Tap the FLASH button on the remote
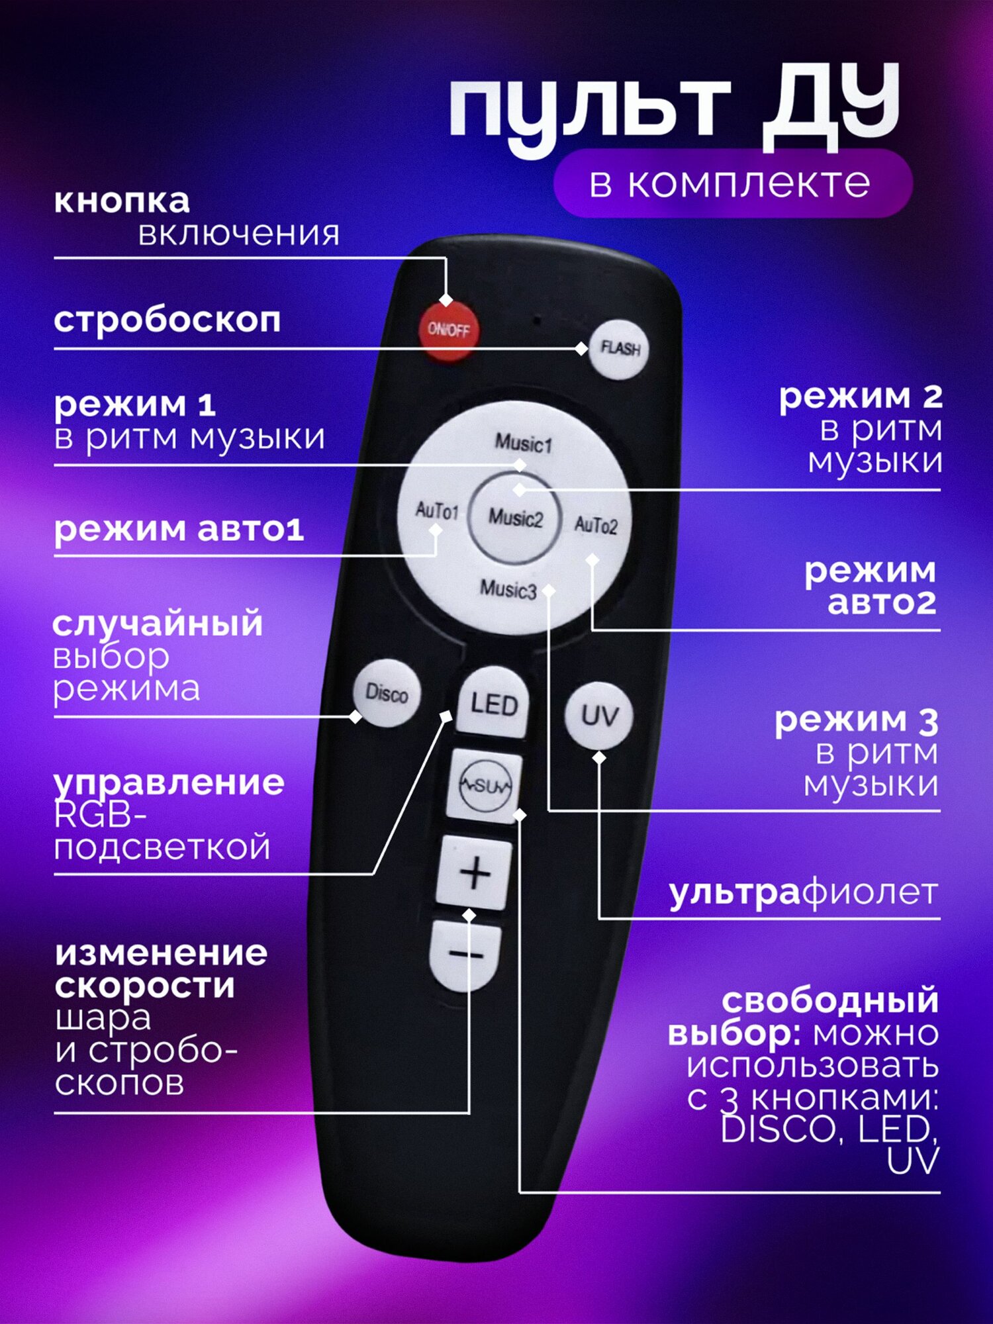618,349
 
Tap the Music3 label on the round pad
508,589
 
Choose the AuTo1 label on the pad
437,510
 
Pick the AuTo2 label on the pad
596,525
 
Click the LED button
494,703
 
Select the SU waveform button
485,785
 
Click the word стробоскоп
167,321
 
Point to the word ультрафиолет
804,892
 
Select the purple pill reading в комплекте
733,183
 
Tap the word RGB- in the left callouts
100,815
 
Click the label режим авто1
179,530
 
